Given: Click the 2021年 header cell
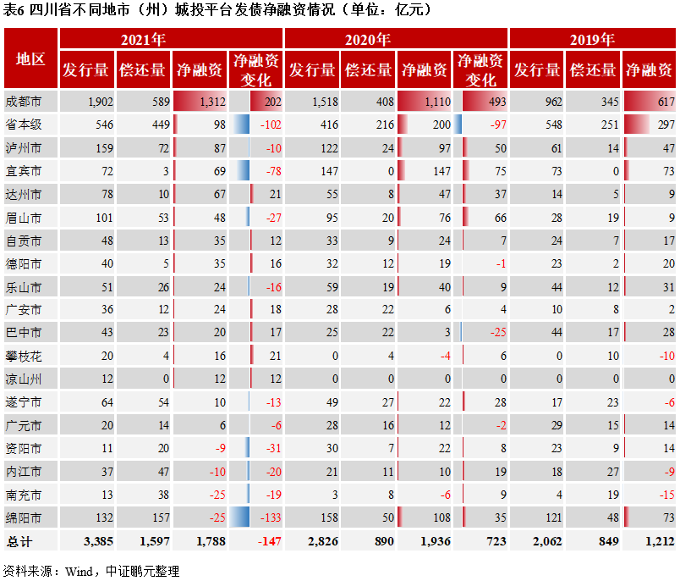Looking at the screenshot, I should point(143,39).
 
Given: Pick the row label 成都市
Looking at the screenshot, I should point(24,102).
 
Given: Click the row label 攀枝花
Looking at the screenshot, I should point(24,356).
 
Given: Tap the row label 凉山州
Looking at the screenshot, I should point(24,379).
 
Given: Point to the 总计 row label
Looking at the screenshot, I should point(19,540).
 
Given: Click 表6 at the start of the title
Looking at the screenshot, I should point(14,10).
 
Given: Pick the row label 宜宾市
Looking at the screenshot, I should point(24,171).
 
